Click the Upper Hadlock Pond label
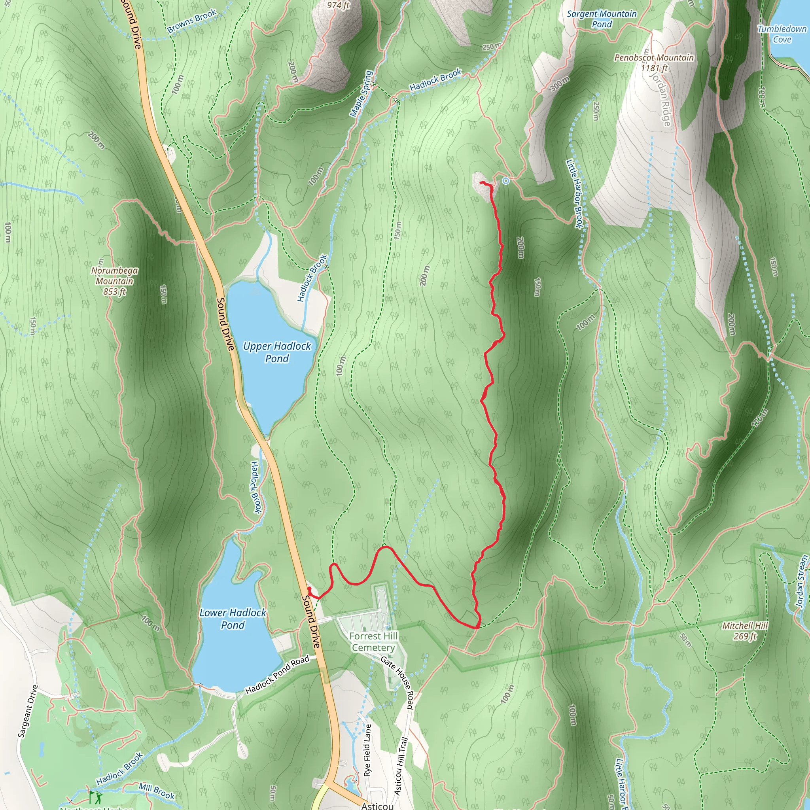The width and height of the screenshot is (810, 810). click(x=277, y=352)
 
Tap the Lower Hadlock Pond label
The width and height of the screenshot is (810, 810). click(x=233, y=619)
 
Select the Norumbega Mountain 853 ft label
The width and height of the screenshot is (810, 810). click(x=114, y=281)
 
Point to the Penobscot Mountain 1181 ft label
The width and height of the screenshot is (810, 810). click(x=654, y=62)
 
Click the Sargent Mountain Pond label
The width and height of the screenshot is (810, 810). click(x=602, y=19)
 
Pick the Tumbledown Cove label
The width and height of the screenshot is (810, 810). click(x=782, y=34)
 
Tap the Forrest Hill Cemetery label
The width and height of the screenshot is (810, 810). click(x=373, y=642)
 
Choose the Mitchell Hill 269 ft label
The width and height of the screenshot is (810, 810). click(x=745, y=630)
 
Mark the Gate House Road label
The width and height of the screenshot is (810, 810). click(x=398, y=683)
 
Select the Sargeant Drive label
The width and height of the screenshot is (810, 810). click(x=28, y=711)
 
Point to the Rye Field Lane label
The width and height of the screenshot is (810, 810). click(x=367, y=750)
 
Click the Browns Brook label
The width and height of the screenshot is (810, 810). click(x=191, y=21)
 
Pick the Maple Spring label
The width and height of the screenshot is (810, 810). click(x=361, y=93)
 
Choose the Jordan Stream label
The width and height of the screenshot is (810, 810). click(x=802, y=581)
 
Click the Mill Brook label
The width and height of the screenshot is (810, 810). click(x=156, y=791)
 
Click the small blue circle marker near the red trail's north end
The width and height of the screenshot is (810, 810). click(x=506, y=181)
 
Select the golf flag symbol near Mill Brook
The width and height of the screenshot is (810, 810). click(x=91, y=796)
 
